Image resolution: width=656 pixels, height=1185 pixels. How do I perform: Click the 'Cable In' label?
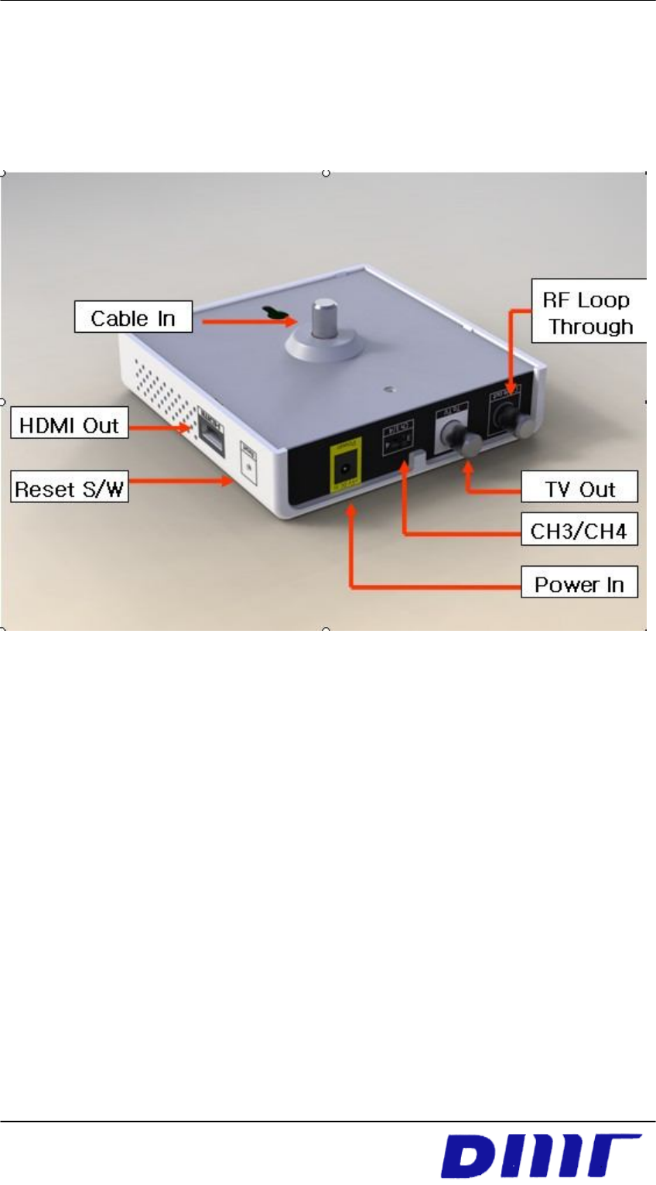(133, 317)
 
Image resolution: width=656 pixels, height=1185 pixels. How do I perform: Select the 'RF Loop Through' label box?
(588, 311)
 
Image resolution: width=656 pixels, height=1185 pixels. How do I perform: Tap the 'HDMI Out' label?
(69, 425)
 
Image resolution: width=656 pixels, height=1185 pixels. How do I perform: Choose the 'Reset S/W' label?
(70, 489)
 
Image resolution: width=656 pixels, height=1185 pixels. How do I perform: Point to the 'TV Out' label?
(579, 488)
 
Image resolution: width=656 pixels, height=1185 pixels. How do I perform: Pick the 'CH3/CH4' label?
(579, 531)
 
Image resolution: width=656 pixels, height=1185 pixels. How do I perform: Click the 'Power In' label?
(579, 584)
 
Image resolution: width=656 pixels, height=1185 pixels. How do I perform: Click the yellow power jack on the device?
(345, 467)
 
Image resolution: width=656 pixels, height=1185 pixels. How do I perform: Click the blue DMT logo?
(541, 1155)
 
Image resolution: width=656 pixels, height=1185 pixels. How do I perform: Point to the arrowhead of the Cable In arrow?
(285, 317)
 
